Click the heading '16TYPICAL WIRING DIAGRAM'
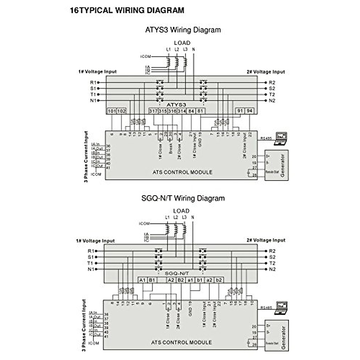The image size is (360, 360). pos(127,10)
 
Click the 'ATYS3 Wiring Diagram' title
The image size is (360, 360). pos(183,30)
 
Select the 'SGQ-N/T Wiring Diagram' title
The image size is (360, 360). pos(183,198)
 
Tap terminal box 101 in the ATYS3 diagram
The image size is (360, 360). pos(112,111)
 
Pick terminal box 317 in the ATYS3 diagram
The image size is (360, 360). pos(153,111)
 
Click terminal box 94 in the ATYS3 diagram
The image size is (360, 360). pos(250,111)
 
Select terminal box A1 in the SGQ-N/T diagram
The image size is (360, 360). pos(143,280)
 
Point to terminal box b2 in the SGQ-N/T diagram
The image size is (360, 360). pos(219,280)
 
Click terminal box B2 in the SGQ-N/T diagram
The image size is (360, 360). pos(181,280)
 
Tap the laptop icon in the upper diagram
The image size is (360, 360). pos(281,139)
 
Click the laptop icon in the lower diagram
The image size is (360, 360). pos(281,307)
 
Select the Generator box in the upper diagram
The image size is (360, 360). pos(276,165)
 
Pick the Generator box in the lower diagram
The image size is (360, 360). pos(276,335)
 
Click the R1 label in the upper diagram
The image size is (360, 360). pos(93,82)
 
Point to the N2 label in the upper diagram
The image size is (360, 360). pos(272,100)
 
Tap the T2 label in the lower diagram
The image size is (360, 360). pos(272,263)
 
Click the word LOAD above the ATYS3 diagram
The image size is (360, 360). pos(182,43)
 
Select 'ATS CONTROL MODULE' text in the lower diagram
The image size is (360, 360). pos(181,342)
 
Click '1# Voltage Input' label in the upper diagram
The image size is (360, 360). pos(97,72)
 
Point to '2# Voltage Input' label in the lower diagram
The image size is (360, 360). pos(266,240)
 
